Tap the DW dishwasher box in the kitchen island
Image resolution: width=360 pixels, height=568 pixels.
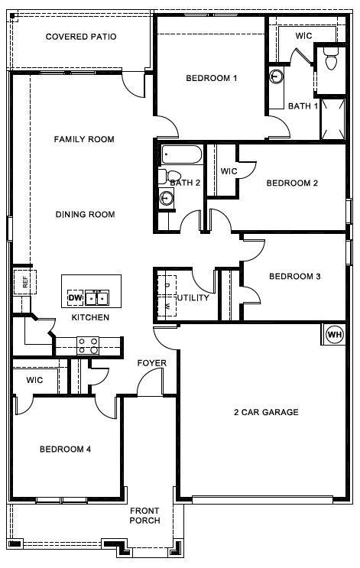[75, 297]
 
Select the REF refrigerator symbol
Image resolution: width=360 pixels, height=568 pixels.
[23, 281]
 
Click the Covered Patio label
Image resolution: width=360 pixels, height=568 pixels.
[81, 37]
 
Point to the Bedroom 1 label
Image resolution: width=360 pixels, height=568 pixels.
[212, 78]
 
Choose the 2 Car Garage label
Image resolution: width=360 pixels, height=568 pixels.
[266, 413]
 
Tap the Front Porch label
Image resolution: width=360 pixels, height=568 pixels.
[144, 515]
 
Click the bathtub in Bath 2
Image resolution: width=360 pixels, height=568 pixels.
[182, 156]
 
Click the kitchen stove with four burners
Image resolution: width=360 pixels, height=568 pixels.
[88, 346]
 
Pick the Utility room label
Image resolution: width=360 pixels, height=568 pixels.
[193, 297]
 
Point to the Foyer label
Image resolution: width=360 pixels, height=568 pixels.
[151, 362]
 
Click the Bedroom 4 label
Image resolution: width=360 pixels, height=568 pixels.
[66, 450]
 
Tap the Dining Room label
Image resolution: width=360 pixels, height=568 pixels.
[85, 215]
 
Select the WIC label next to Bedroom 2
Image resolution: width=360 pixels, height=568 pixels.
[229, 171]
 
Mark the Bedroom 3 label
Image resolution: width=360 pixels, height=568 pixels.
[294, 276]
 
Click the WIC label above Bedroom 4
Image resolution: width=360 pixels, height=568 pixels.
[34, 380]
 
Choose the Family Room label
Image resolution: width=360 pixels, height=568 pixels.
[84, 139]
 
